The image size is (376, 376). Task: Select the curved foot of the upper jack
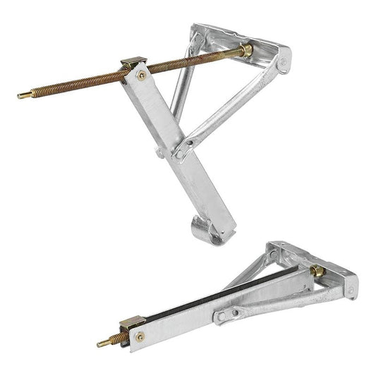(x=206, y=231)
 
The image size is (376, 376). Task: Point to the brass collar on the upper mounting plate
(x=246, y=51)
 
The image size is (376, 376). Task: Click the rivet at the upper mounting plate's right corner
(x=283, y=63)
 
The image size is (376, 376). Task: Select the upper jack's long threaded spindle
(x=85, y=79)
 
